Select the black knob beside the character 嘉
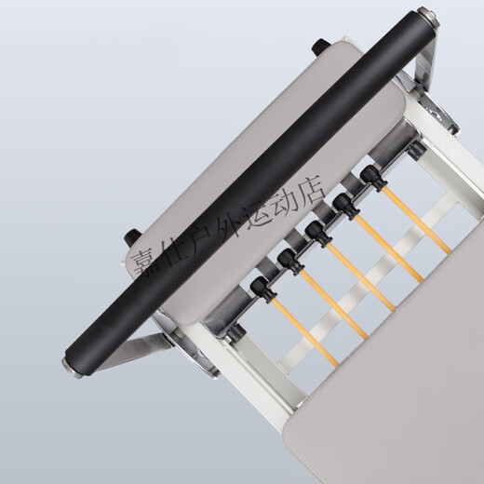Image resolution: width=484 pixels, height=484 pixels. click(x=132, y=236)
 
